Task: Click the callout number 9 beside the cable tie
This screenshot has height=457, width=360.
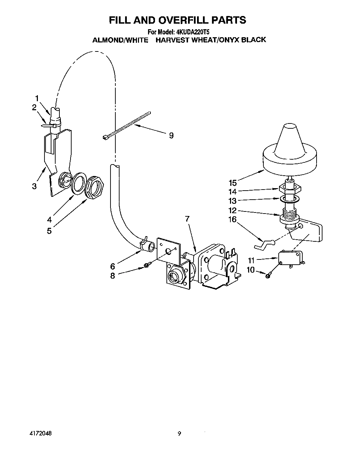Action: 171,135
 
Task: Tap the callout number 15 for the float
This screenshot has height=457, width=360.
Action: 232,183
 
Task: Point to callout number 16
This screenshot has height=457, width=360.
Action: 232,219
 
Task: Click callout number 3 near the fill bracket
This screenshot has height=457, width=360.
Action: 34,186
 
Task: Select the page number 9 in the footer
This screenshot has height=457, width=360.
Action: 179,434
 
